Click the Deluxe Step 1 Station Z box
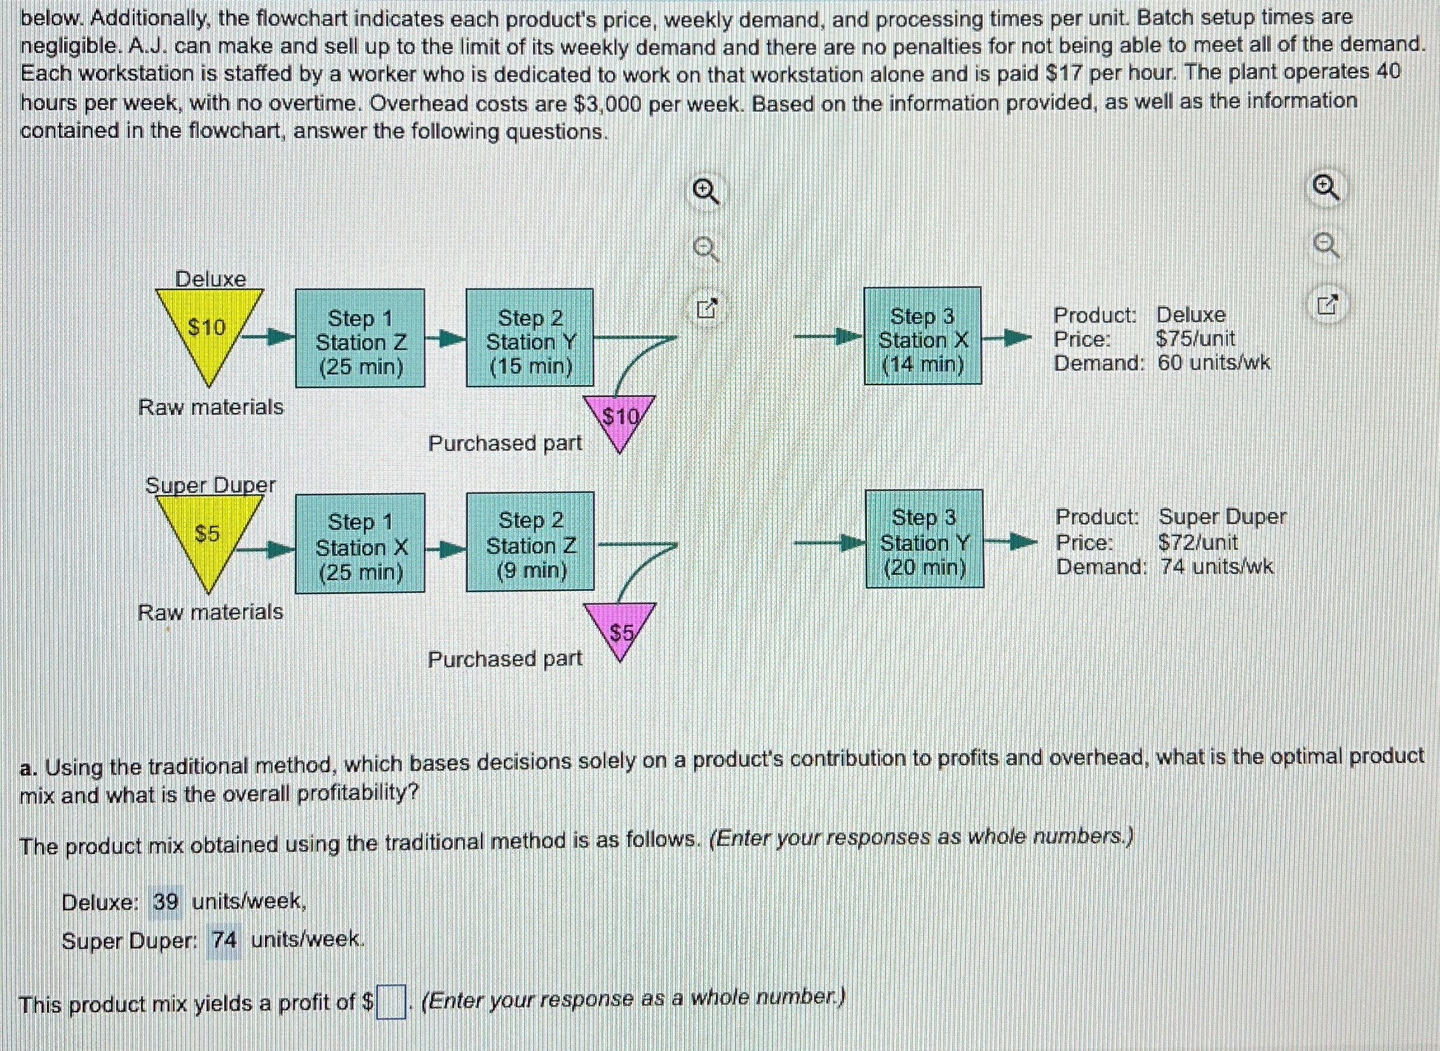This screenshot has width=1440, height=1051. pyautogui.click(x=360, y=339)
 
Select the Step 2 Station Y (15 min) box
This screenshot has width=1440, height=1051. pyautogui.click(x=530, y=339)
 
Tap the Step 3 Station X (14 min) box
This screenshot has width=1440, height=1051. pyautogui.click(x=922, y=337)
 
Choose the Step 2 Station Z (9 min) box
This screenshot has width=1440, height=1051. pyautogui.click(x=530, y=542)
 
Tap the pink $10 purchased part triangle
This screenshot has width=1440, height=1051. pyautogui.click(x=619, y=419)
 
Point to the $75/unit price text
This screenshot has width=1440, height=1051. pyautogui.click(x=1195, y=339)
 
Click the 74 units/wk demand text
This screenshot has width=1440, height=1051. pyautogui.click(x=1217, y=567)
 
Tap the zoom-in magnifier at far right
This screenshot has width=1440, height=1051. pyautogui.click(x=1325, y=189)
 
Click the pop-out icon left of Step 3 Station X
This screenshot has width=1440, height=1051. pyautogui.click(x=706, y=308)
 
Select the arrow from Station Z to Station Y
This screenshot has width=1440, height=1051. pyautogui.click(x=445, y=339)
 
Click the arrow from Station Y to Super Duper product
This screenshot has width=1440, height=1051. pyautogui.click(x=1009, y=543)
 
